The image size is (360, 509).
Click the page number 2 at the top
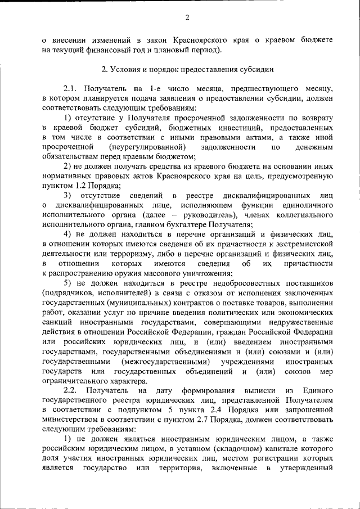[x=187, y=17]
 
